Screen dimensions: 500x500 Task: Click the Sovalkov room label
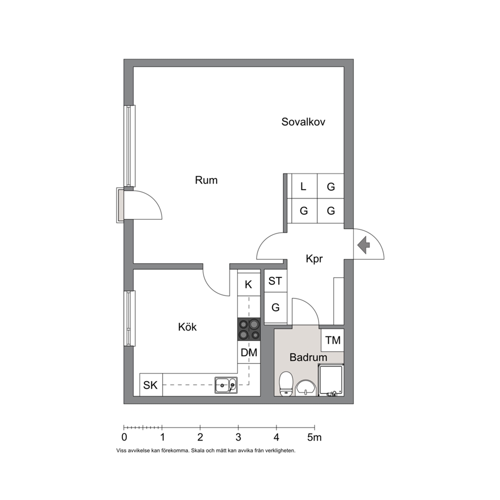303,122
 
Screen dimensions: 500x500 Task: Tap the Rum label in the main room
206,180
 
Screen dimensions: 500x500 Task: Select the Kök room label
187,327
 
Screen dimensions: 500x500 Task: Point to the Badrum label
308,357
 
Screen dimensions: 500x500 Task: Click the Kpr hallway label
315,259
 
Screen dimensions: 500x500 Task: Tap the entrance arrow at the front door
363,245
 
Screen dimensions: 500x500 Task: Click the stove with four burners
249,330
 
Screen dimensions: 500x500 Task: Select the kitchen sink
226,386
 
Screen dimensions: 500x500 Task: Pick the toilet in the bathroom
286,384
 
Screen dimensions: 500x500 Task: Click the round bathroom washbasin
306,388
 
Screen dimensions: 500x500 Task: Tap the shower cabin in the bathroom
331,381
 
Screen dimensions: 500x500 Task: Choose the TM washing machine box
333,340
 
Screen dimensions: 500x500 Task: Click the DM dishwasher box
249,352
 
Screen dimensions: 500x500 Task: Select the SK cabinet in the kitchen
151,385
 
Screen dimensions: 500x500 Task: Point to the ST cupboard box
276,281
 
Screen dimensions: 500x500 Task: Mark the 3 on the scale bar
238,437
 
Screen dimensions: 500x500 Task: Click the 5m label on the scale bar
315,437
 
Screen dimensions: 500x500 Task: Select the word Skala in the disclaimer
196,451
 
